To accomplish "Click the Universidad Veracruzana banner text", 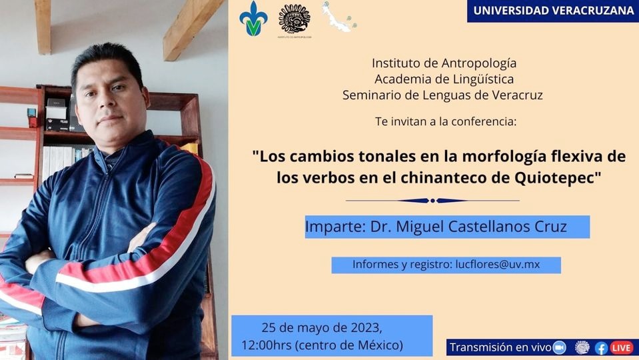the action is tap(554, 11).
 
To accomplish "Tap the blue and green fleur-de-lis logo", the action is tap(253, 19).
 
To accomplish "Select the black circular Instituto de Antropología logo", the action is tap(295, 19).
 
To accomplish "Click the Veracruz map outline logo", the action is tap(339, 17).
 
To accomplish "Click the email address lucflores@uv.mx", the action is tap(498, 265).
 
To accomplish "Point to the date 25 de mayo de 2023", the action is tap(322, 328).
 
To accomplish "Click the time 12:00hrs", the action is tap(266, 345).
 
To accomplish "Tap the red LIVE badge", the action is tap(622, 348).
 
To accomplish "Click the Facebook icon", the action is tap(601, 348).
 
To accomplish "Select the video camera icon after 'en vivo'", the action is tap(560, 347).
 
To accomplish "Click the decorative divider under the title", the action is tap(432, 201).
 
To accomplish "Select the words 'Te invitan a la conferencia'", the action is tap(446, 121).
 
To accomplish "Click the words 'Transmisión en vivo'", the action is tap(500, 347).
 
